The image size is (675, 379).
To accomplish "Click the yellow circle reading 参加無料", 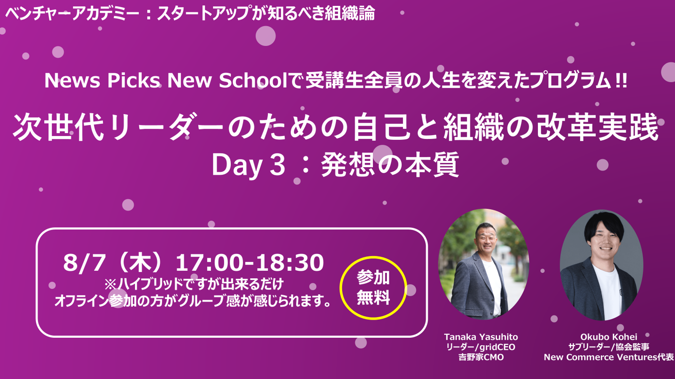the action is (341, 288).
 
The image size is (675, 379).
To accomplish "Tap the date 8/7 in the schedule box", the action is (84, 263).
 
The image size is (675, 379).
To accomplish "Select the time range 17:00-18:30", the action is (250, 263).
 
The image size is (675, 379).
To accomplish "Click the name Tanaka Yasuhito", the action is (481, 337).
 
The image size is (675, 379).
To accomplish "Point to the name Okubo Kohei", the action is (609, 337).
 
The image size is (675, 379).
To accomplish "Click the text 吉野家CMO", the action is (481, 357).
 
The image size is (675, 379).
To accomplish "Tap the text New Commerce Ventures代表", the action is (609, 357).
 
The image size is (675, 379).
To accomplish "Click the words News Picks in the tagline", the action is (102, 81).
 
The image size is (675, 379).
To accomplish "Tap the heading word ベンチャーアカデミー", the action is (72, 14).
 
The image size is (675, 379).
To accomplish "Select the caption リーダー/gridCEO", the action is (481, 347).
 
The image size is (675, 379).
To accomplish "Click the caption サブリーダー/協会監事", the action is (609, 347).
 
